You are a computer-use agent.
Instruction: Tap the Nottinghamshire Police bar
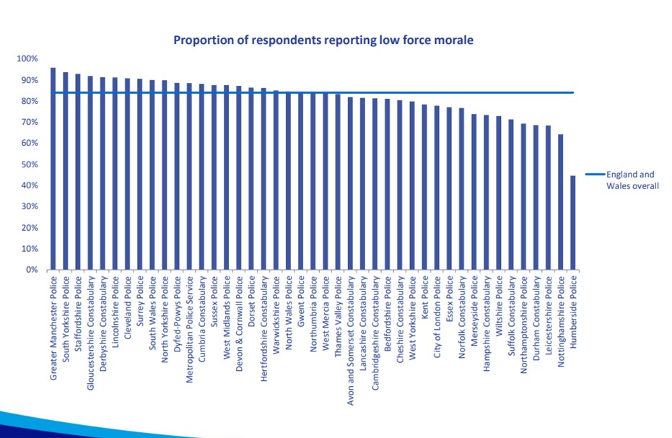pyautogui.click(x=560, y=202)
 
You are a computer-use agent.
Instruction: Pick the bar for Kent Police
pyautogui.click(x=424, y=187)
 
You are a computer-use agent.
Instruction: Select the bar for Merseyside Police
pyautogui.click(x=474, y=191)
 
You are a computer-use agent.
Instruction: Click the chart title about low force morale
pyautogui.click(x=323, y=40)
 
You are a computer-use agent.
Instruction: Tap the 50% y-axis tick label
pyautogui.click(x=29, y=165)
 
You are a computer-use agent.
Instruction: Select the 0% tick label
pyautogui.click(x=31, y=270)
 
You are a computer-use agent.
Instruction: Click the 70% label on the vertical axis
pyautogui.click(x=29, y=122)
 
